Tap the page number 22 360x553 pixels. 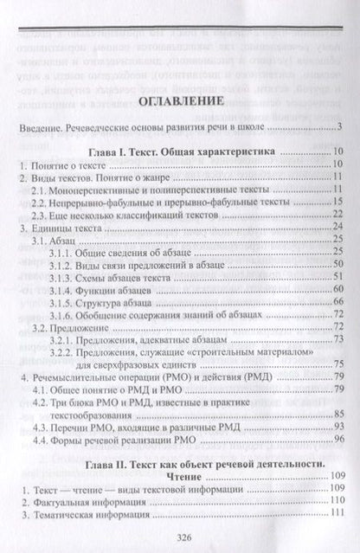coord(341,213)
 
